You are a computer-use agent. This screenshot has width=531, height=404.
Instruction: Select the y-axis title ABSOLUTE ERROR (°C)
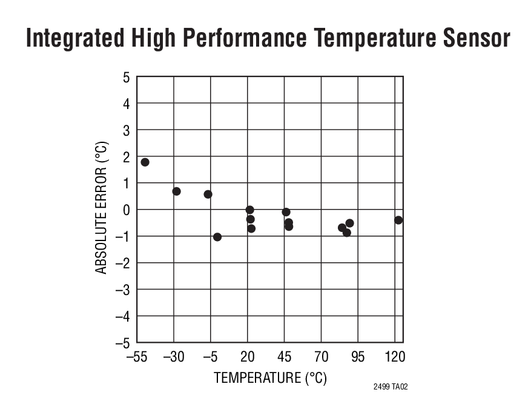102,208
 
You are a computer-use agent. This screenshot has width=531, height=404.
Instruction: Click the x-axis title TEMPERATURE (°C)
270,378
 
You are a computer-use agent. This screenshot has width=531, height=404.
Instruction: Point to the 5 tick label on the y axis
126,77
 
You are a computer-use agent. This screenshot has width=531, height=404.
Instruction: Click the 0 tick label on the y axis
126,210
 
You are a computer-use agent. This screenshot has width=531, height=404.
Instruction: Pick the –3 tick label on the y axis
123,290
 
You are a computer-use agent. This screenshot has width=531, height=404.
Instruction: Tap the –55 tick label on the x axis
137,357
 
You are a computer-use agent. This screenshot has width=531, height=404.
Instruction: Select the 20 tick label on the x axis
247,357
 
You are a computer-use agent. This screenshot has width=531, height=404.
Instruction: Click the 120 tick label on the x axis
395,357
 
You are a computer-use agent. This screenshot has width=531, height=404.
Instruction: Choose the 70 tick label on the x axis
321,357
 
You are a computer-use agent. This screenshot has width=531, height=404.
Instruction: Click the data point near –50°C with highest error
145,162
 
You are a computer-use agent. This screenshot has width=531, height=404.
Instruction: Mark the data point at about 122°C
398,220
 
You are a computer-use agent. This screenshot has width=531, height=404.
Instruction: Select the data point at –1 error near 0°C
217,237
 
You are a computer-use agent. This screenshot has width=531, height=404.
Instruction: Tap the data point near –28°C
176,191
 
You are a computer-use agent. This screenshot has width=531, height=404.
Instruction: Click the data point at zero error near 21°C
249,210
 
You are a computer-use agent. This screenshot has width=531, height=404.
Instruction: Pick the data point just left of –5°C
208,194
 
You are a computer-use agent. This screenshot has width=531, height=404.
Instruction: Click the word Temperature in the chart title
374,39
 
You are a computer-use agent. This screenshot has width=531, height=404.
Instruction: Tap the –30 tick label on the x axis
174,357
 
